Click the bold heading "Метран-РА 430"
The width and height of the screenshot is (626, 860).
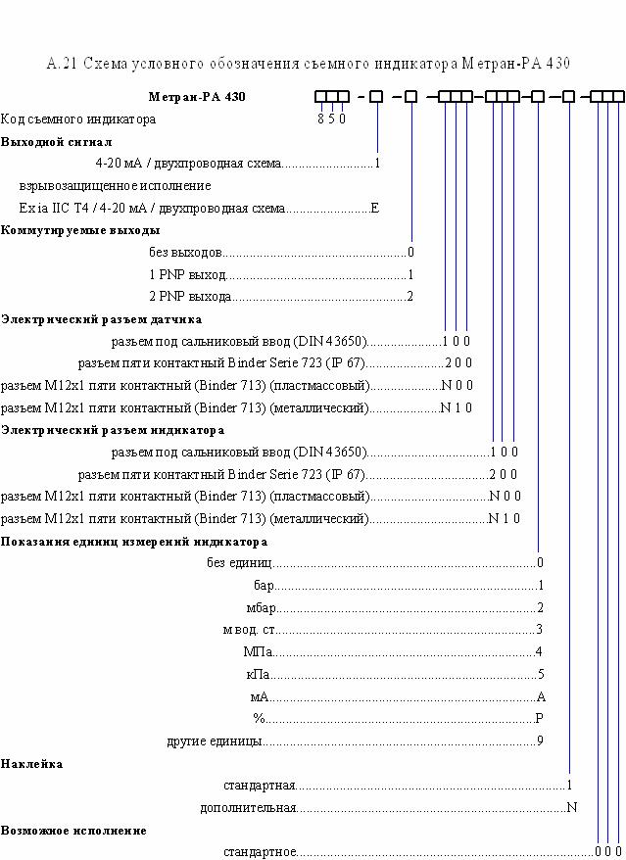(197, 97)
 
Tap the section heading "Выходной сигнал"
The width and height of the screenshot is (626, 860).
(57, 142)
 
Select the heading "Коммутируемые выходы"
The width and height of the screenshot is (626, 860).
(80, 230)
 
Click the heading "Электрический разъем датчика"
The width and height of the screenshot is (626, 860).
(102, 319)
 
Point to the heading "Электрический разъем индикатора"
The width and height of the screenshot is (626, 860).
(113, 430)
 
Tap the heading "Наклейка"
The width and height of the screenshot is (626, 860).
(31, 764)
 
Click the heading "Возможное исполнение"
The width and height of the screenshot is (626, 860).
(73, 831)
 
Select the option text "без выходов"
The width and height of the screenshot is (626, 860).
(185, 253)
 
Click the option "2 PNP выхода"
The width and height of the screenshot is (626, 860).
(190, 297)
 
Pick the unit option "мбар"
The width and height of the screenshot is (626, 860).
(261, 608)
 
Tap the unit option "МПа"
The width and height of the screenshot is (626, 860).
(258, 652)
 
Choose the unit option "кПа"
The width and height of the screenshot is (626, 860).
(258, 675)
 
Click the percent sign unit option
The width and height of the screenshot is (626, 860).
(259, 719)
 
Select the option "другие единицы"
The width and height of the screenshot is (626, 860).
(215, 741)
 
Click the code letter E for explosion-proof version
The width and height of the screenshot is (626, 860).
(375, 209)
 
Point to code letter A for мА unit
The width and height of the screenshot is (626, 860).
(541, 697)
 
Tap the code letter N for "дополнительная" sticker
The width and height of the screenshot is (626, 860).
(572, 807)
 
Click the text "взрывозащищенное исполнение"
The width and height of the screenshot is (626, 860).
(115, 186)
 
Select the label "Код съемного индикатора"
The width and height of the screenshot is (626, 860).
(78, 119)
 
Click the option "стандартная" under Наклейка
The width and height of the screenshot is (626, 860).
(260, 786)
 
